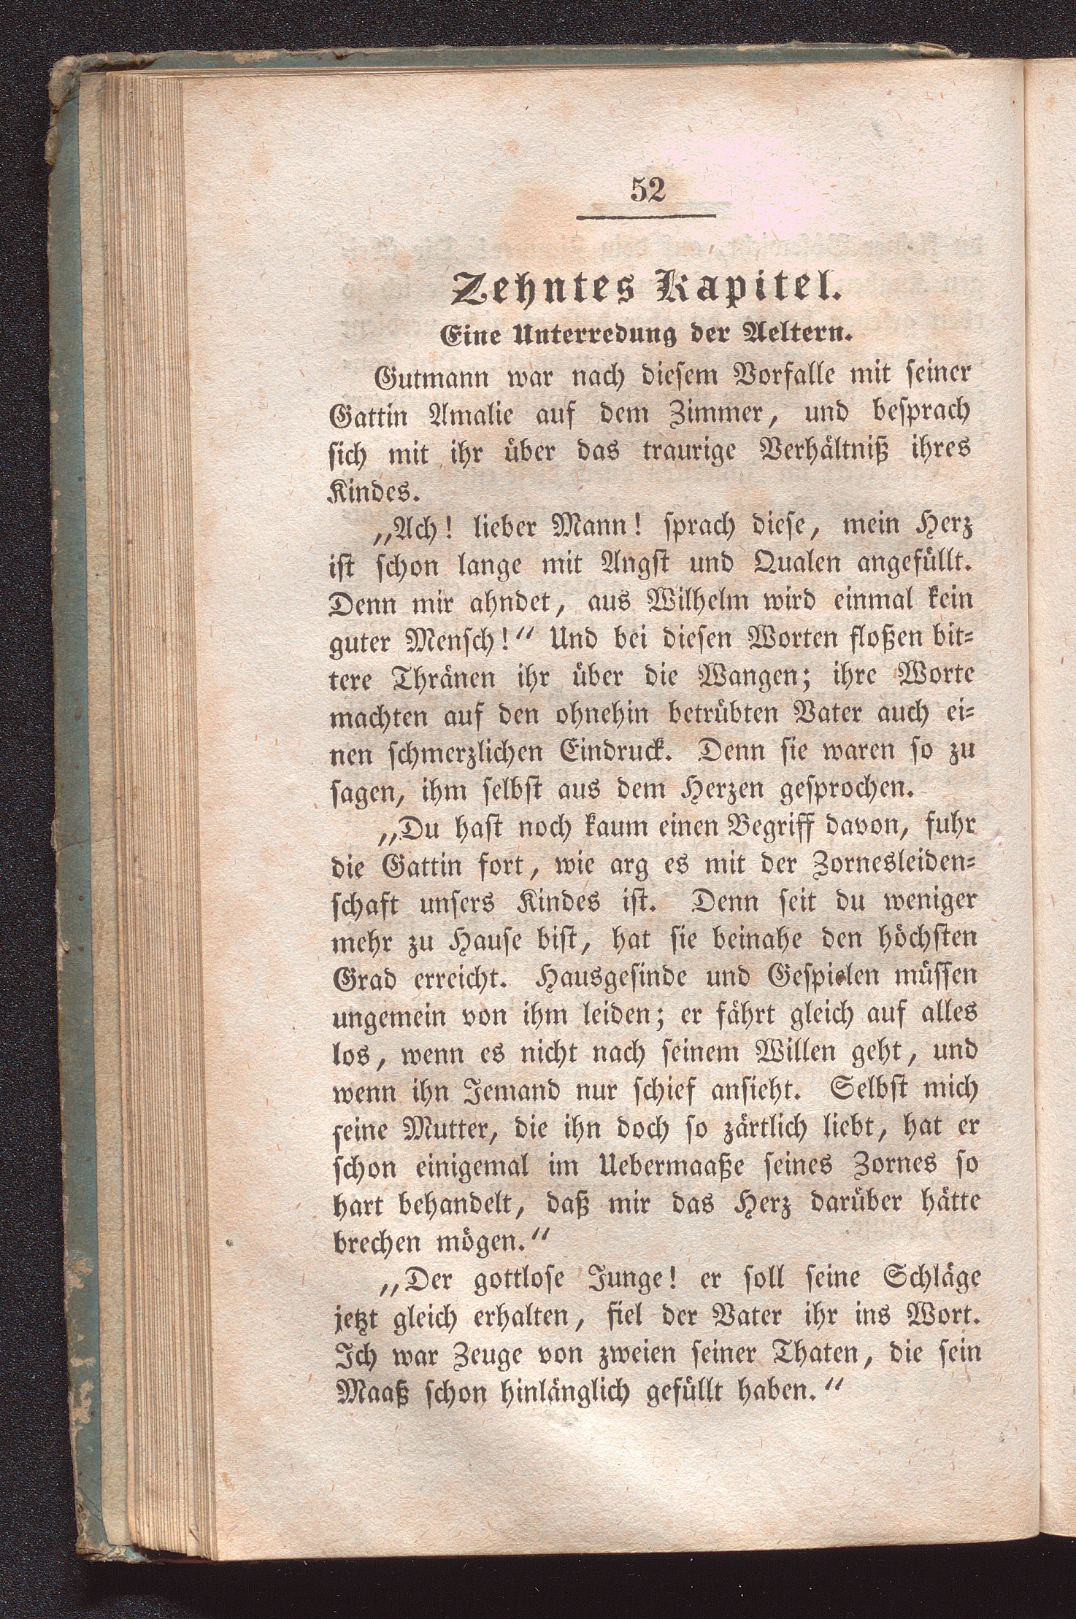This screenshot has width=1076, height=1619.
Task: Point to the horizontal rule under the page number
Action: [646, 216]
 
